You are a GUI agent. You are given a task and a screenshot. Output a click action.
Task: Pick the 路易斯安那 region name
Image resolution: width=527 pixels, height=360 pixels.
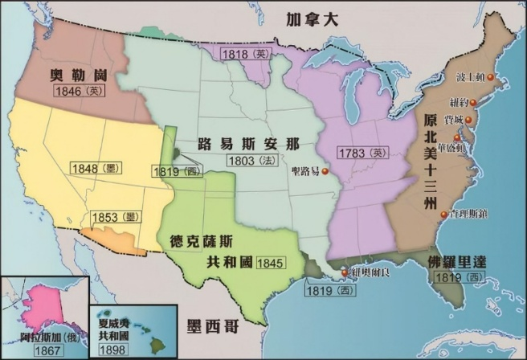tap(248, 145)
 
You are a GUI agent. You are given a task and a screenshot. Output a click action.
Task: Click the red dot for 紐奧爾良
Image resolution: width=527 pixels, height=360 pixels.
tap(345, 273)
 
